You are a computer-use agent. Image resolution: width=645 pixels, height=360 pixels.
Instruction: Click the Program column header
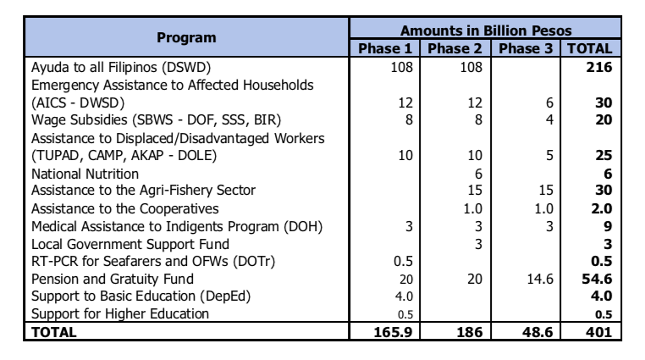click(186, 37)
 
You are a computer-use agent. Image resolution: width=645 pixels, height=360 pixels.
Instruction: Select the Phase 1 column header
click(384, 48)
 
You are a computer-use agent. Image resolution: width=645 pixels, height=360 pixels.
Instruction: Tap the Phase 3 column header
click(526, 48)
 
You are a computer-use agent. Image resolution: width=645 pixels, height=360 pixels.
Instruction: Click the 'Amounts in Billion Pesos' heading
click(486, 30)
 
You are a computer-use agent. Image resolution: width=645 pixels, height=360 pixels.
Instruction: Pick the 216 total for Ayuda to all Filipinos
click(599, 67)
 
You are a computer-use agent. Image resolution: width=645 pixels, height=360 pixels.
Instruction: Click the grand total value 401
click(599, 331)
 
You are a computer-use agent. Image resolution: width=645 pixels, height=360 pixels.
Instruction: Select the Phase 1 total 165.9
click(393, 331)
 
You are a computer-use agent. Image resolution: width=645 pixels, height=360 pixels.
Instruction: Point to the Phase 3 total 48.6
click(537, 331)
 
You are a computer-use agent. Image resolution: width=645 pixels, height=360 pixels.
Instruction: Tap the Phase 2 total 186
click(469, 331)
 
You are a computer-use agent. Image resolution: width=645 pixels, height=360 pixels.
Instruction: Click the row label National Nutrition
click(85, 174)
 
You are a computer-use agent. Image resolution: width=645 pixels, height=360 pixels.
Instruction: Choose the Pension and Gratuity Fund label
click(113, 279)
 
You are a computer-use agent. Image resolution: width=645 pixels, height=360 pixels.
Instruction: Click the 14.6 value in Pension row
click(540, 279)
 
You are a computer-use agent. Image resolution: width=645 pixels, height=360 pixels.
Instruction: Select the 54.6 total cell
click(597, 279)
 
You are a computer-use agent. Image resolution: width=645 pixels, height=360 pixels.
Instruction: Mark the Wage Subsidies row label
click(157, 119)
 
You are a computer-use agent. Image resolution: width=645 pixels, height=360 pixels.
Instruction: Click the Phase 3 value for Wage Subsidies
click(549, 119)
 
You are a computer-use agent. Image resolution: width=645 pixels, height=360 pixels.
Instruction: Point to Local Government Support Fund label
click(130, 244)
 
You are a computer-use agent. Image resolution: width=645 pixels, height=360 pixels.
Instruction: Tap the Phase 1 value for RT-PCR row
click(403, 261)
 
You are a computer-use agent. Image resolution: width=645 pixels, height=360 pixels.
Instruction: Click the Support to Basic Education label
click(141, 296)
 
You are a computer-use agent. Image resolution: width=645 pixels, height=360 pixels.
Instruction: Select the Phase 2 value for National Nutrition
click(478, 174)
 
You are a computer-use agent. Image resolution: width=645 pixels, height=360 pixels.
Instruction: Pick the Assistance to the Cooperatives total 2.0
click(601, 208)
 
